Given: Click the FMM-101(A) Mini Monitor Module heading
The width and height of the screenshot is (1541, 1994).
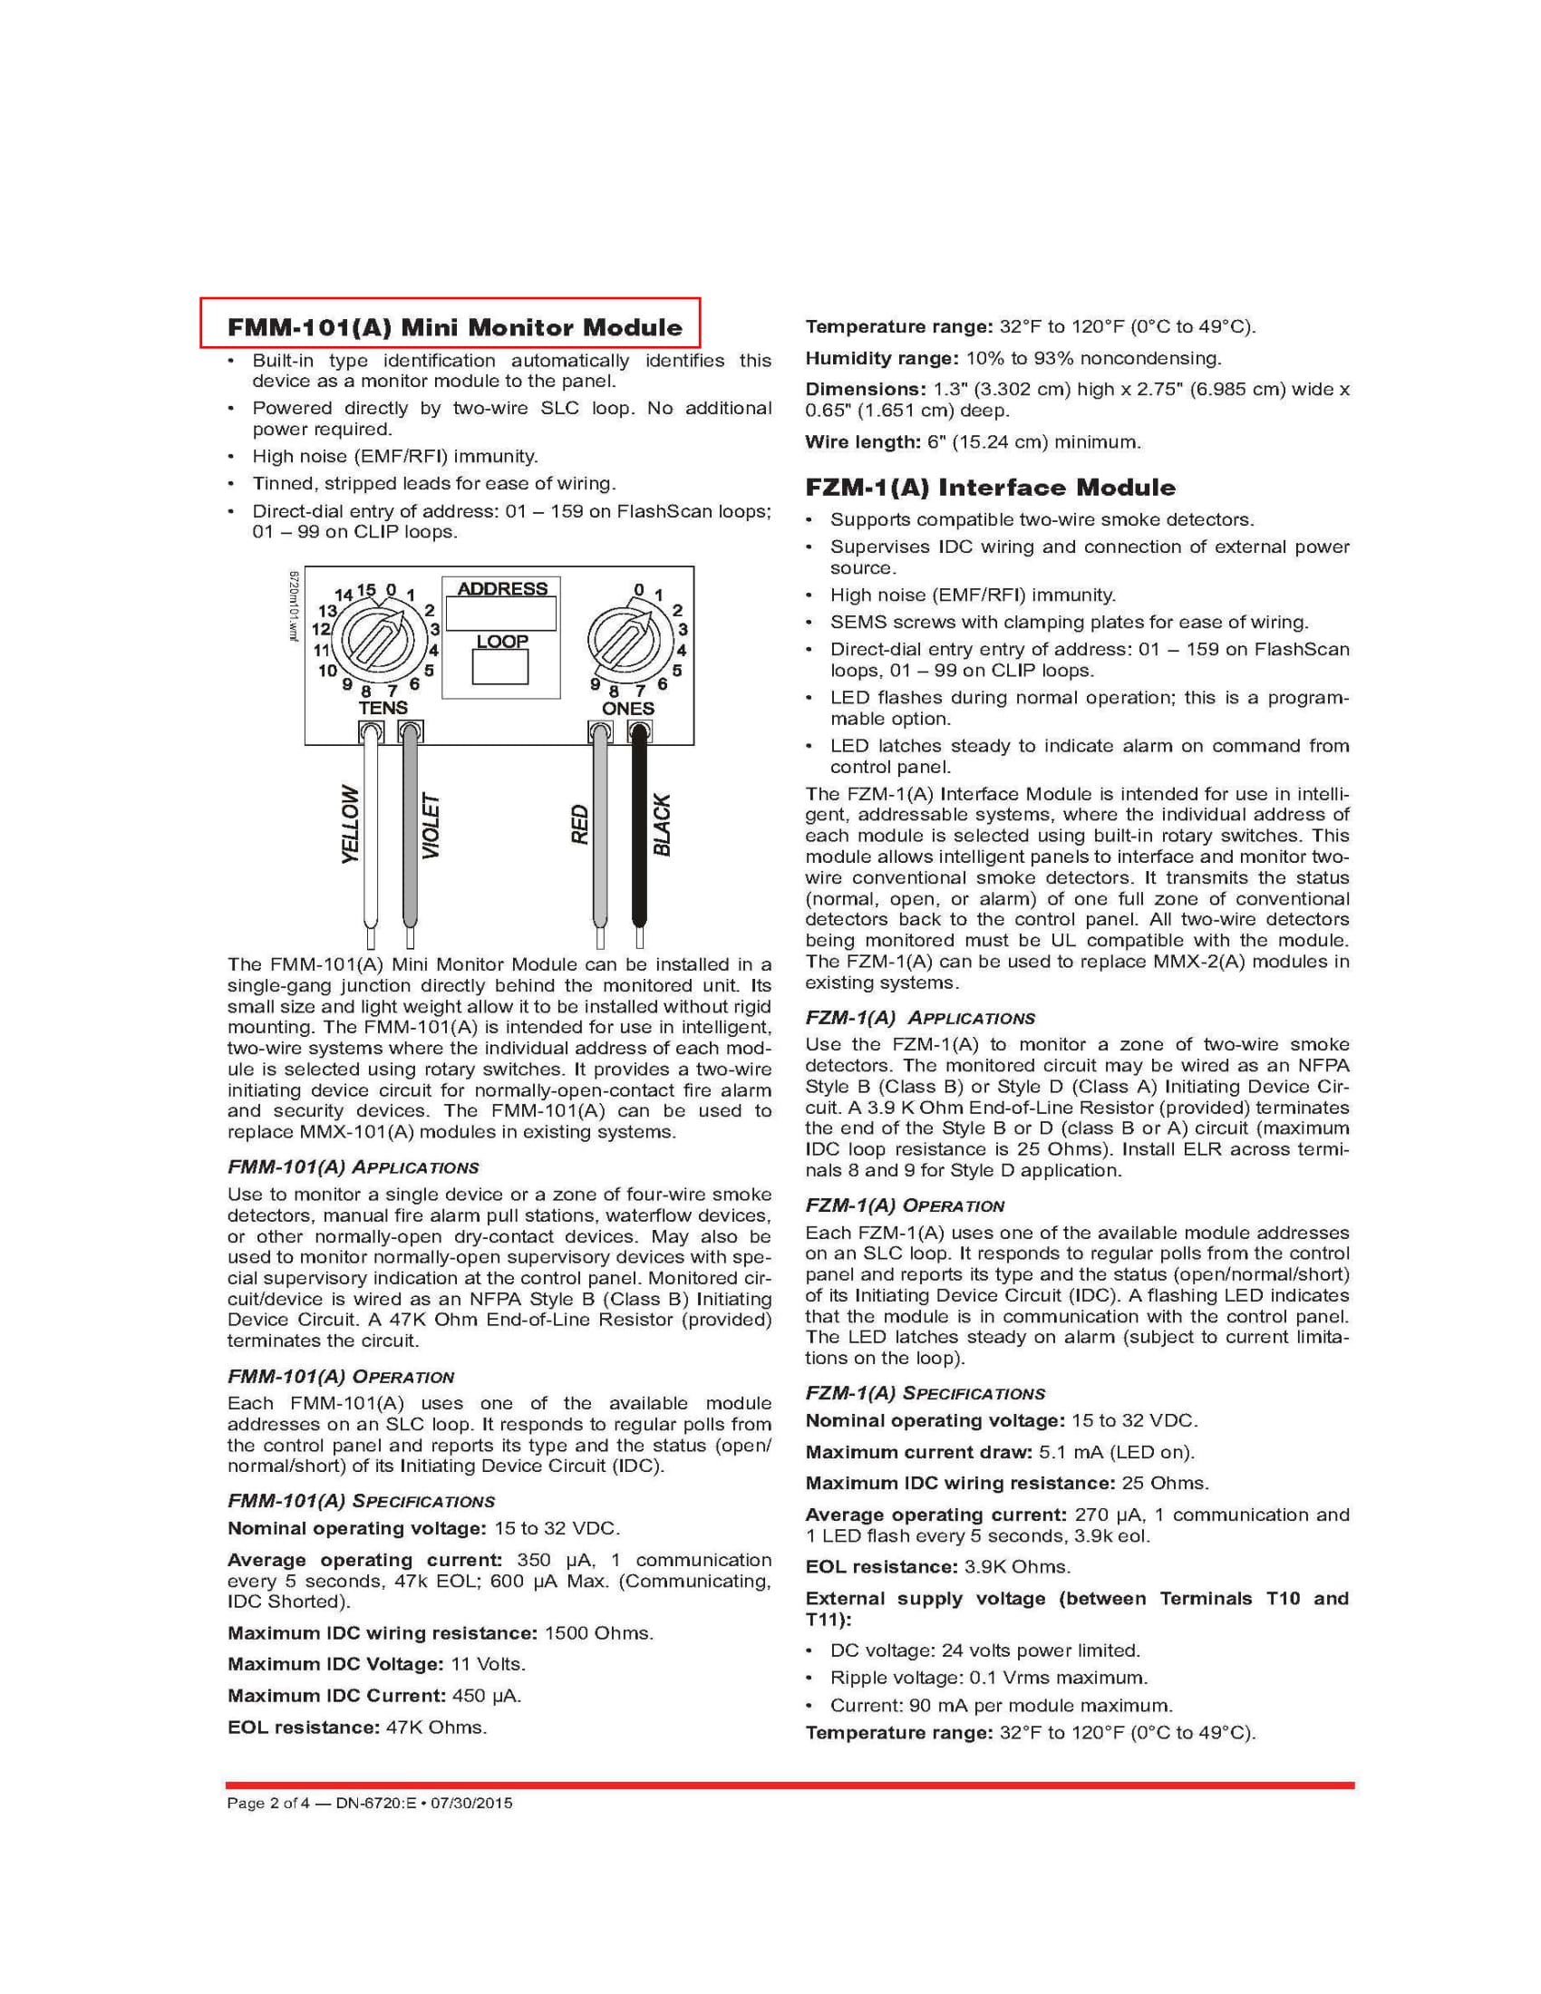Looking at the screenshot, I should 455,327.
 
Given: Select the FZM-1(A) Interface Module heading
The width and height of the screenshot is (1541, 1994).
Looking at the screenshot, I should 990,487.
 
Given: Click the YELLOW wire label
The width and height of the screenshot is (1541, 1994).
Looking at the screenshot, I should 350,824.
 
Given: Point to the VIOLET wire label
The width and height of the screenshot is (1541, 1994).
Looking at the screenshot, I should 431,826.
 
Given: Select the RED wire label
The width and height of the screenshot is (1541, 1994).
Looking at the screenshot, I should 580,824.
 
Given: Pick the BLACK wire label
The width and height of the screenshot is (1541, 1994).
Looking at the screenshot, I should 662,826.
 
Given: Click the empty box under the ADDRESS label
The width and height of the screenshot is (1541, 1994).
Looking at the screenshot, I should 501,614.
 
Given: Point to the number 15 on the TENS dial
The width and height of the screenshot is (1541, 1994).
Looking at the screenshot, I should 365,591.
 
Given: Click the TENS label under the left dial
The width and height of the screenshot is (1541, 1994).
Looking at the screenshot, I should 383,708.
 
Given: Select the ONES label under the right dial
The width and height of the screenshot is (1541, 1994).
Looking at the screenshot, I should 627,709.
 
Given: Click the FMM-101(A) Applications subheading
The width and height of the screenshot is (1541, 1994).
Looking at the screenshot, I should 353,1167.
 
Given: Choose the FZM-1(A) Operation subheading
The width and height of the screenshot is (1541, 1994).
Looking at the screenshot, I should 904,1205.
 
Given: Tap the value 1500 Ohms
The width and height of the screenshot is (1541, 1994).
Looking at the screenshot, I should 598,1632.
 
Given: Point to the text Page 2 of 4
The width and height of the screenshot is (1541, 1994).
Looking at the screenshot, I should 268,1802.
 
